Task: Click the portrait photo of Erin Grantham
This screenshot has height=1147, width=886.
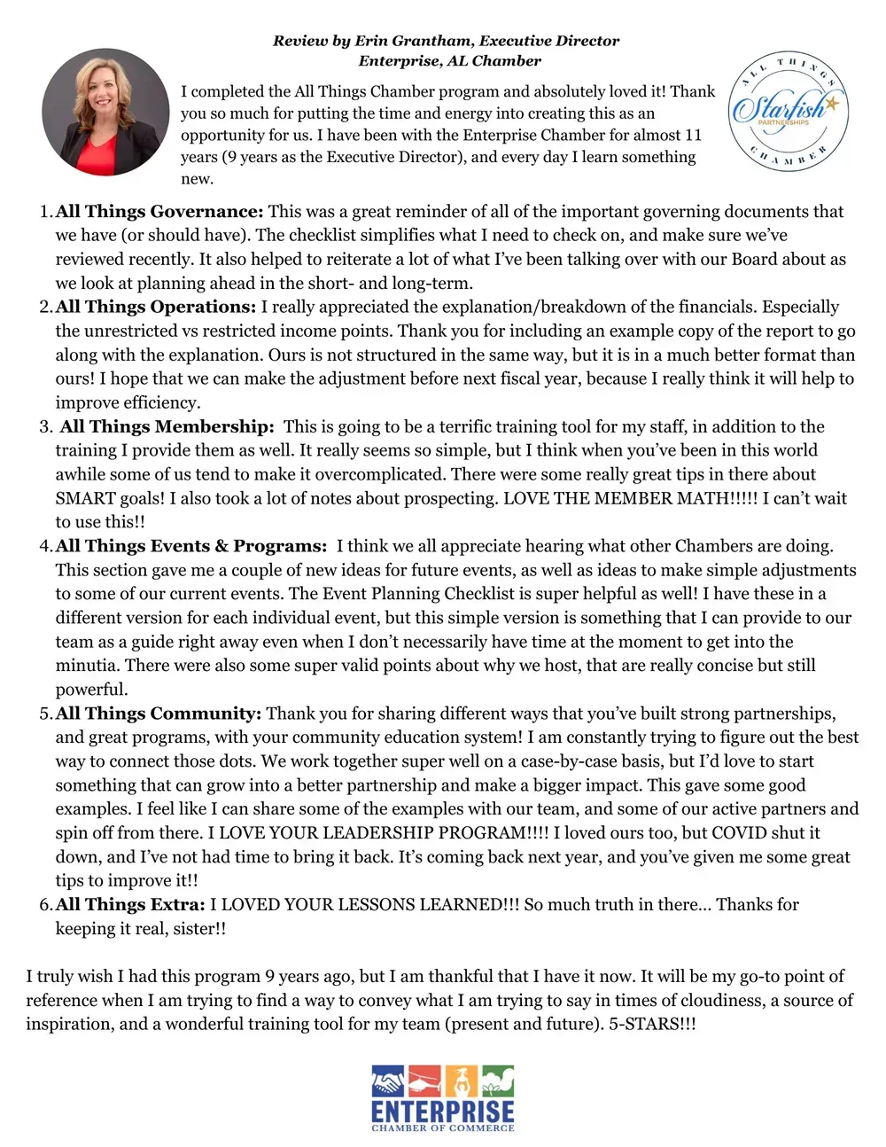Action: [x=105, y=112]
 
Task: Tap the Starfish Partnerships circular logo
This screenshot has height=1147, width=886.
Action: [x=788, y=113]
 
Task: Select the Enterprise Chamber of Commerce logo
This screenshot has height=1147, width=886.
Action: [x=443, y=1098]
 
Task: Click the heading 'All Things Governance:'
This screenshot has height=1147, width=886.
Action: [x=159, y=212]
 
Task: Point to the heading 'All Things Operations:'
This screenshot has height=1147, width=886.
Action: [x=156, y=308]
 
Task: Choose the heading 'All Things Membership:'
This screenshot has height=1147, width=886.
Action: [x=167, y=427]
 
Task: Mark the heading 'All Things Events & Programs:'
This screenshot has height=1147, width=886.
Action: [x=191, y=546]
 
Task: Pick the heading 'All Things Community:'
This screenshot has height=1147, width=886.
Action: [x=159, y=714]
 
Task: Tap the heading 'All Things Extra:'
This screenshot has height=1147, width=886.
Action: [x=130, y=905]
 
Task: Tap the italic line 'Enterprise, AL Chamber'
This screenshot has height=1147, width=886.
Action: [x=449, y=61]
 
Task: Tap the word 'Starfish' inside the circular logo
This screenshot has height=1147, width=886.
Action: [x=778, y=109]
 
